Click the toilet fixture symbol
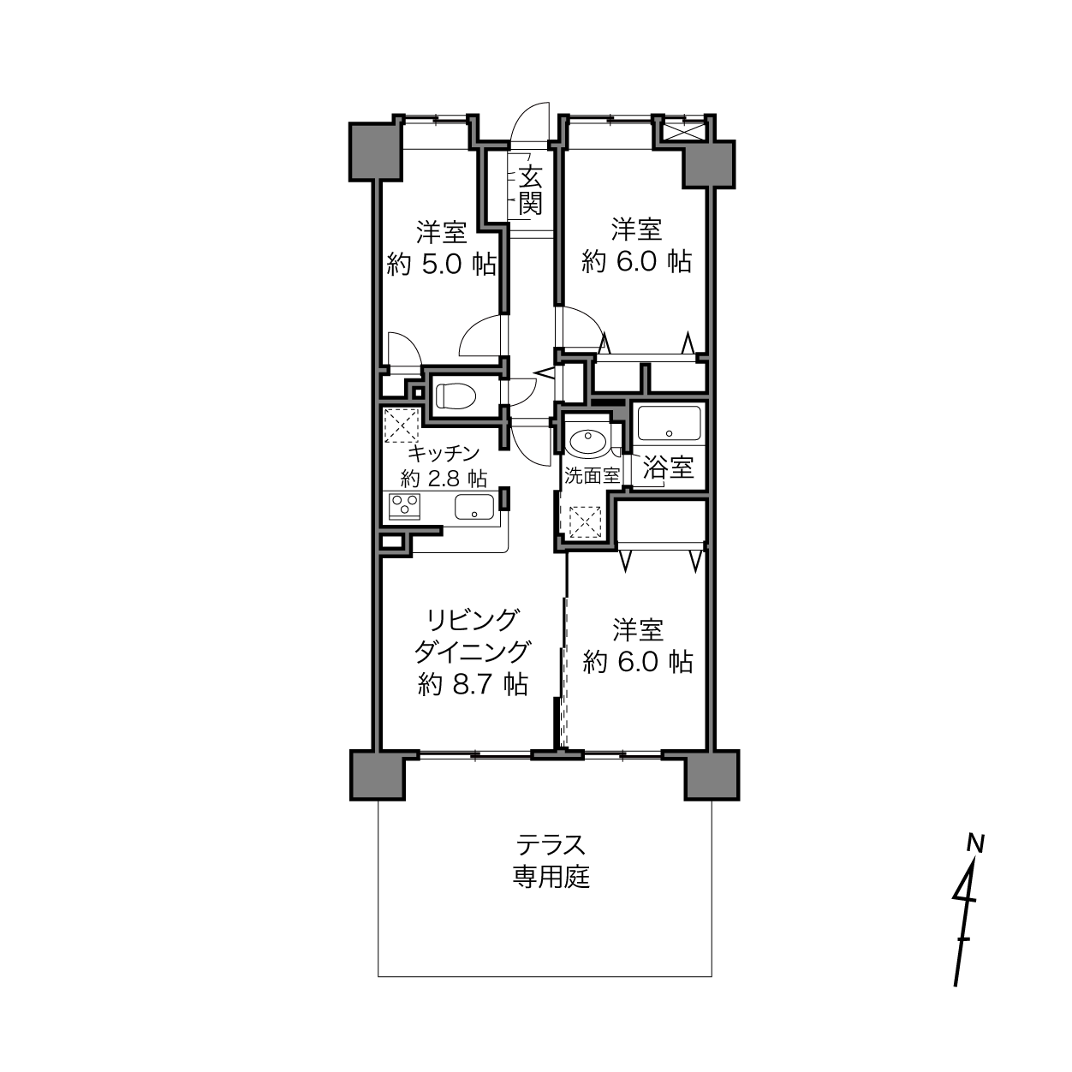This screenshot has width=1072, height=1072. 456,396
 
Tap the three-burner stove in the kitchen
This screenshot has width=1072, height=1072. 404,506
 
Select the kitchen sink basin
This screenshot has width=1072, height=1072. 474,506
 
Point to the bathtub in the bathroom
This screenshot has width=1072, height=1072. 670,423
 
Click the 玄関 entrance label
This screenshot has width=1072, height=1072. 530,191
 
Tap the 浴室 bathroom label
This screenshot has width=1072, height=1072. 668,468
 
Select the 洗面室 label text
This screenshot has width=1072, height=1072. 592,476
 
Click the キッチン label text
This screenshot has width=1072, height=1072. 444,454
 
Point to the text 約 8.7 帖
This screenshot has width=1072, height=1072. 473,684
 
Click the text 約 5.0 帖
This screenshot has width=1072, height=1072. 442,265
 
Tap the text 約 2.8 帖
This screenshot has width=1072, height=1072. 444,478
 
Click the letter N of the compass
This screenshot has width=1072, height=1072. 975,843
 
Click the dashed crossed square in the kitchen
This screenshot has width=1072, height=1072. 402,425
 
